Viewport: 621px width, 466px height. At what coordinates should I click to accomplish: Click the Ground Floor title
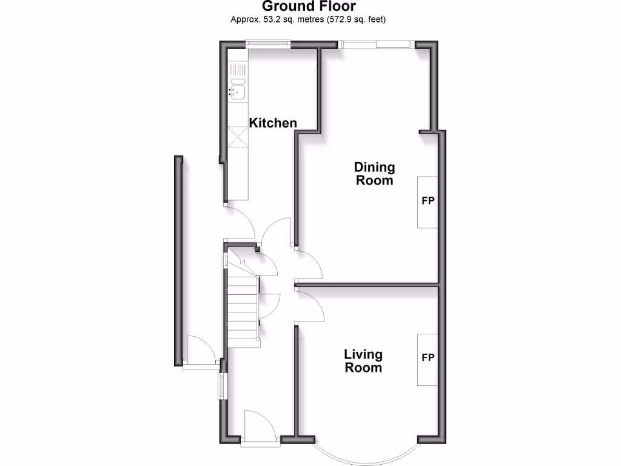coord(309,7)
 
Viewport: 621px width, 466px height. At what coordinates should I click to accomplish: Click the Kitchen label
coord(273,123)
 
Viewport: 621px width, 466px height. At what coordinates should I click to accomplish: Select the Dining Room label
coord(374,174)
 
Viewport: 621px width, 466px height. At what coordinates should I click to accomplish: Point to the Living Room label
coord(363,361)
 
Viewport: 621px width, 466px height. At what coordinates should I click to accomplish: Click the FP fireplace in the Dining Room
coord(428,202)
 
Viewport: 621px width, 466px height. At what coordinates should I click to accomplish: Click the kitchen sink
coord(237,92)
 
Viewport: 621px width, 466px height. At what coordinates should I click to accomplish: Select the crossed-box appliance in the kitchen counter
coord(238,136)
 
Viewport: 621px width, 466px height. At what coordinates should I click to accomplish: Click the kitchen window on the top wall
coord(267,42)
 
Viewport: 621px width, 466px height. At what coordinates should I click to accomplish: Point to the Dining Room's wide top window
coord(377,44)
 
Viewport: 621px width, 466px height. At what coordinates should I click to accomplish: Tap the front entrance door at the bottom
coord(255,425)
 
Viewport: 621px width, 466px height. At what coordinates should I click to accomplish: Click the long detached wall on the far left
coord(179,261)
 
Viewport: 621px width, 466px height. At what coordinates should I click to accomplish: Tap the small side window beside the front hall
coord(223,385)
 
